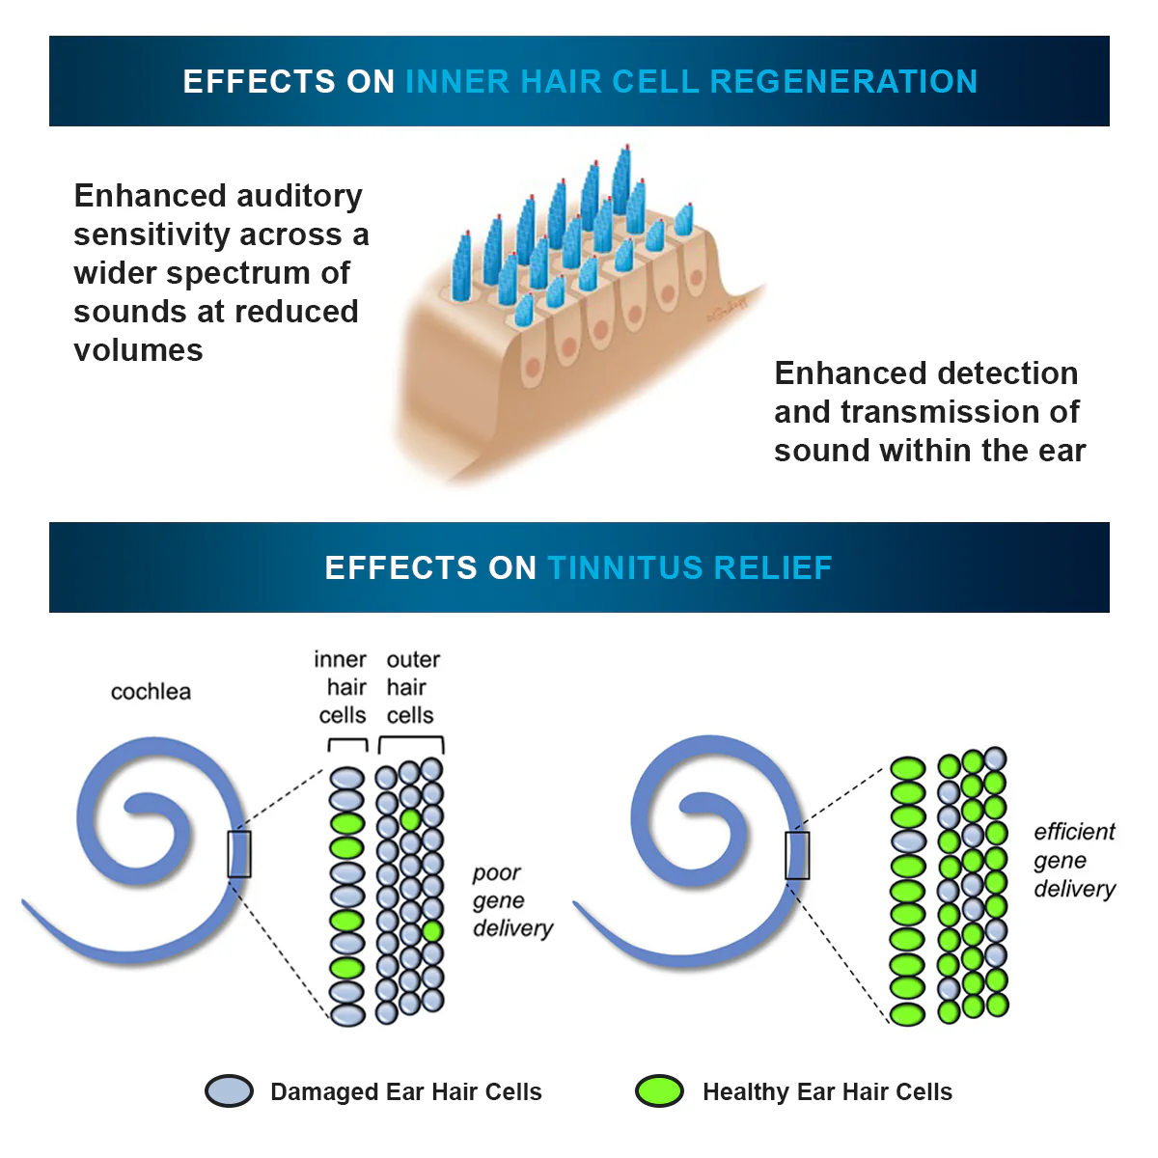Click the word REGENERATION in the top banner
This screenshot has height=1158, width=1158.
coord(843,82)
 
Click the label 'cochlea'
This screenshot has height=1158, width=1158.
coord(151,692)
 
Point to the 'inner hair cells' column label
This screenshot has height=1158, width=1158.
coord(343,687)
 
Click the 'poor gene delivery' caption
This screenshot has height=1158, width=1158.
coord(511,900)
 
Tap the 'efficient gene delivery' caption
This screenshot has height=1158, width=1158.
coord(1073,860)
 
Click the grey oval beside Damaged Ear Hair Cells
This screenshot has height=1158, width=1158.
coord(230,1091)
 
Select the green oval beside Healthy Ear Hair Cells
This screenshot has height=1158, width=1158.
coord(660,1091)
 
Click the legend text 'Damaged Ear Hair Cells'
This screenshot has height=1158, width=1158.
coord(405,1092)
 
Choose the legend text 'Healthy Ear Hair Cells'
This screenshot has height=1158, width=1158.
coord(827,1092)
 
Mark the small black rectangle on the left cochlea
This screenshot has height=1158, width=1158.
coord(239,854)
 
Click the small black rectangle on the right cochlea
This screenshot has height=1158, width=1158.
coord(797,855)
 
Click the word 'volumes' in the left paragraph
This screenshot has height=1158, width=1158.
coord(138,350)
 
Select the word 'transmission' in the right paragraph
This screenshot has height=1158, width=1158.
coord(960,412)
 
